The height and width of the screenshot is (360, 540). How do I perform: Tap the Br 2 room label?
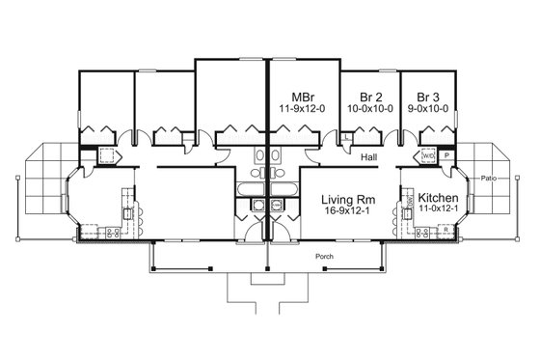(x=369, y=97)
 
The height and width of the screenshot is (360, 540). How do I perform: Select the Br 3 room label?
(x=428, y=97)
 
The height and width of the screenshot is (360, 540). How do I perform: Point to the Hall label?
(x=368, y=155)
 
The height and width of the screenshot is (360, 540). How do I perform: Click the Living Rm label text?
(x=347, y=197)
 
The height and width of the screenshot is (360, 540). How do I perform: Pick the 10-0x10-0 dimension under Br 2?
(x=369, y=108)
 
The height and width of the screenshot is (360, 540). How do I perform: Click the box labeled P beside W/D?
(x=446, y=153)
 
